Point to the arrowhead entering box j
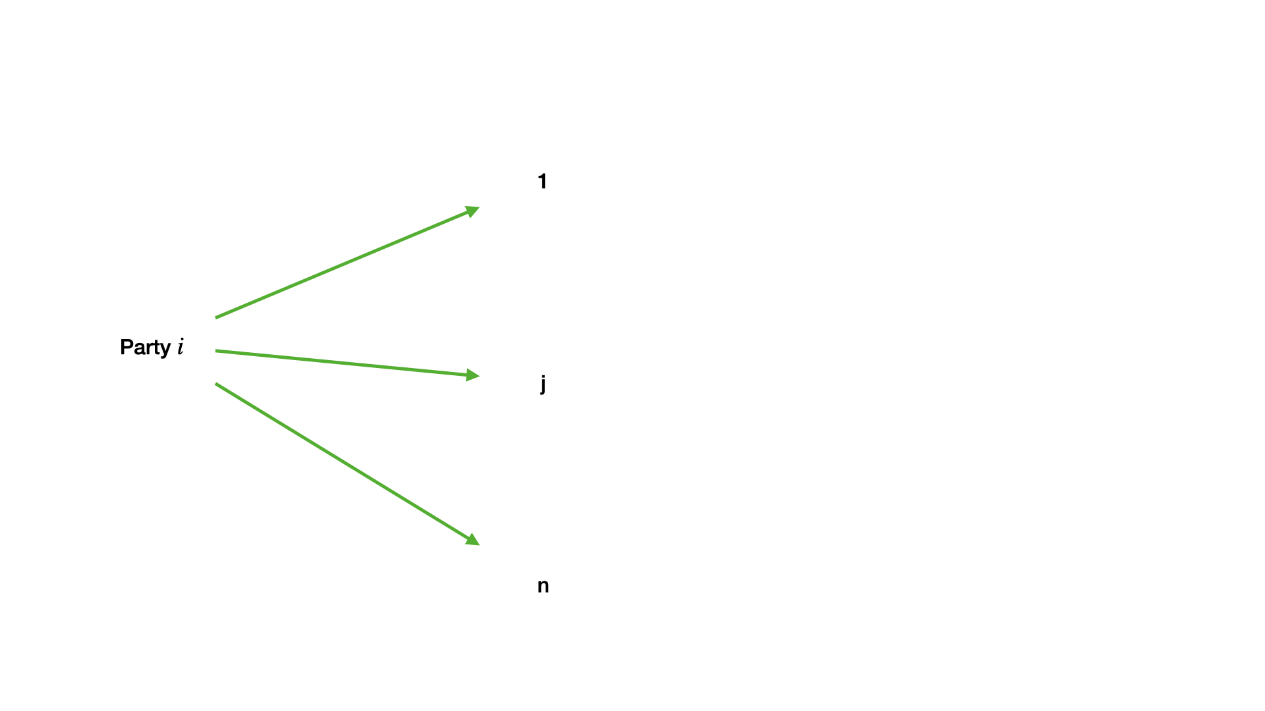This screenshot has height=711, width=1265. (x=473, y=375)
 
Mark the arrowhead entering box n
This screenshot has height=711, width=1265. (x=473, y=540)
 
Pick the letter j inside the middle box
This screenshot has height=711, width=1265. (x=543, y=383)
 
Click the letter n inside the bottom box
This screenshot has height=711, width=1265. (x=543, y=586)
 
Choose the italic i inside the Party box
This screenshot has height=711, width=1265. (x=180, y=347)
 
